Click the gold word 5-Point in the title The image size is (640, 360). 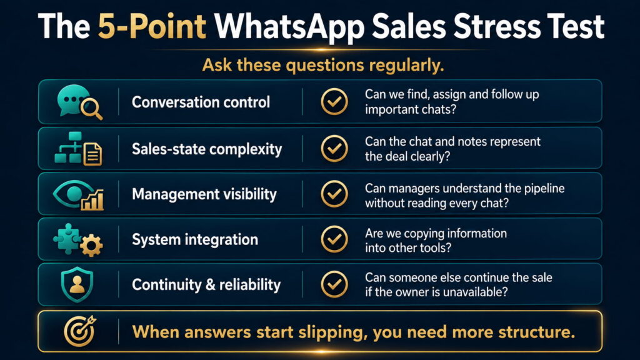152,27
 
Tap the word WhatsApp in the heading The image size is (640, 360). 289,27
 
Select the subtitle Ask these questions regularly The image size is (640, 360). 323,65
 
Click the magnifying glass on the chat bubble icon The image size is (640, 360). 91,109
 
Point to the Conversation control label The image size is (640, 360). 201,102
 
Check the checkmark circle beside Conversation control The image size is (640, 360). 334,102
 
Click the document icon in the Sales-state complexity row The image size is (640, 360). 92,154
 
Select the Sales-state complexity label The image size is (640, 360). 206,149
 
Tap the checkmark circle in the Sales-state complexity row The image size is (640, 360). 334,149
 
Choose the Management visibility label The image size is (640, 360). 204,194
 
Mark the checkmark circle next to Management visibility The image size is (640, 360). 334,194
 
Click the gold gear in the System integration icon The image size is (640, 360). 91,245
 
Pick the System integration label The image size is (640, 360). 195,239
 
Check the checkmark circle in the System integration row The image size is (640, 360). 334,239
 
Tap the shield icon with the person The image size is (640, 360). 77,284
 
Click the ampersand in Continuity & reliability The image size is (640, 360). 211,284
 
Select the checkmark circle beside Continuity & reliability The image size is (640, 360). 334,284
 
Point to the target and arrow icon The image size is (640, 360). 80,331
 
